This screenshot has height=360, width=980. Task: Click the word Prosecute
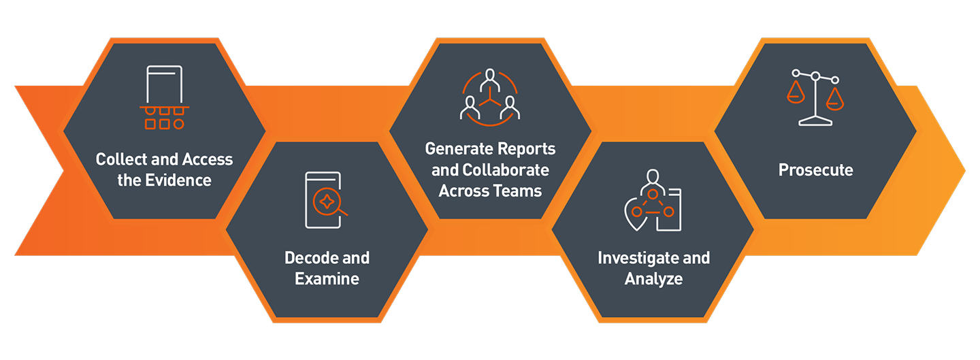[x=815, y=169]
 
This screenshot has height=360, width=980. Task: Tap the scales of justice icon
[x=815, y=97]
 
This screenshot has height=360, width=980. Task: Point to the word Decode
[x=311, y=258]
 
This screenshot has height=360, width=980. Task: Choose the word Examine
[x=327, y=278]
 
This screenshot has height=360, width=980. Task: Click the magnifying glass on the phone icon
[x=329, y=203]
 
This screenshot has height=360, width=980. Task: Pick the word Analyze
[x=653, y=279]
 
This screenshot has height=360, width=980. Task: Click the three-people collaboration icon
[x=490, y=97]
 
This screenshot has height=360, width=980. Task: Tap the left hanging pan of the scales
[x=796, y=93]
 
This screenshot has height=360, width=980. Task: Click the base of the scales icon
[x=815, y=121]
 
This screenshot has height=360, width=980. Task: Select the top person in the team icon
[x=490, y=80]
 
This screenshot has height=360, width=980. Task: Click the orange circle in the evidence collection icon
[x=178, y=125]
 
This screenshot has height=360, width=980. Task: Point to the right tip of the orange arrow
[x=965, y=170]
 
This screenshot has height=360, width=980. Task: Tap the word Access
[x=208, y=159]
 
